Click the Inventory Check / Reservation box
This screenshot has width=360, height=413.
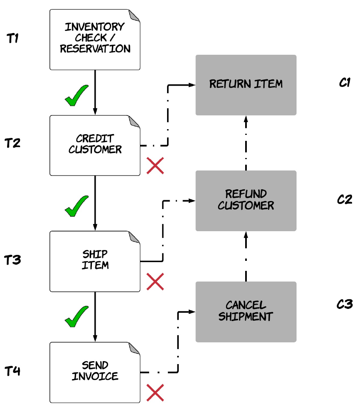point(95,40)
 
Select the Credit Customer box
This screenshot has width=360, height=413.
point(95,145)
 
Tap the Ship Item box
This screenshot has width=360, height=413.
point(95,261)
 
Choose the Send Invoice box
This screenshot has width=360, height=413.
point(95,372)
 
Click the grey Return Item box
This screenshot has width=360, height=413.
point(246,85)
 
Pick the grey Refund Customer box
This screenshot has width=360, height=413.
point(246,201)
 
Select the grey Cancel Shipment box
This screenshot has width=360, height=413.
point(246,312)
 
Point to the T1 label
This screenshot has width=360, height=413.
point(13,38)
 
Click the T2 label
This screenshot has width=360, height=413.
point(13,143)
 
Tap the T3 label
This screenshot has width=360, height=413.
point(13,260)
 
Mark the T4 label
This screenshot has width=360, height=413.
point(13,371)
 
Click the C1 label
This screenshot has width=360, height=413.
point(345,82)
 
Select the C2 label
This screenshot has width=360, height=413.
point(345,199)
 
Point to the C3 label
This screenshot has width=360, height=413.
point(345,304)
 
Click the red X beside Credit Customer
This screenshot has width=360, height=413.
point(155,166)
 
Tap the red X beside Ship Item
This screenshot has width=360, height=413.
point(155,282)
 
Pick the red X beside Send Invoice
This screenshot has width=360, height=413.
point(155,393)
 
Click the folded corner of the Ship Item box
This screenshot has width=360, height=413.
point(135,237)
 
